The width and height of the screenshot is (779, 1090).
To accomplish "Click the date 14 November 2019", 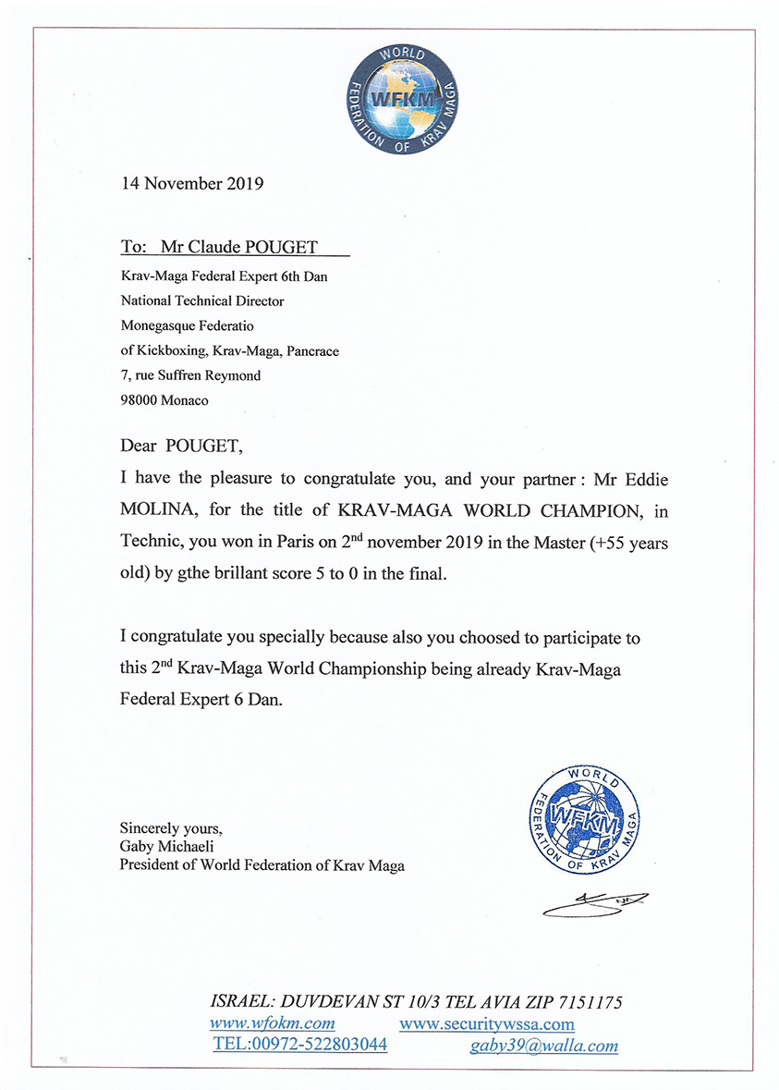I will pyautogui.click(x=192, y=183).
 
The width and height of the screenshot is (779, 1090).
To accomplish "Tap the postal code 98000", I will pyautogui.click(x=139, y=400).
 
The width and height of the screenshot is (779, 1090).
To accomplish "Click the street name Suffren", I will pyautogui.click(x=189, y=375).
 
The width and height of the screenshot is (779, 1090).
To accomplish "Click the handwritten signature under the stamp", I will pyautogui.click(x=595, y=903).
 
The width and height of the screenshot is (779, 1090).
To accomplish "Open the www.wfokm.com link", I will pyautogui.click(x=273, y=1023).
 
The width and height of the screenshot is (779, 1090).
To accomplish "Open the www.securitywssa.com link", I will pyautogui.click(x=487, y=1024).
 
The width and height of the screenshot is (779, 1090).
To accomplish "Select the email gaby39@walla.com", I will pyautogui.click(x=543, y=1046).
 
